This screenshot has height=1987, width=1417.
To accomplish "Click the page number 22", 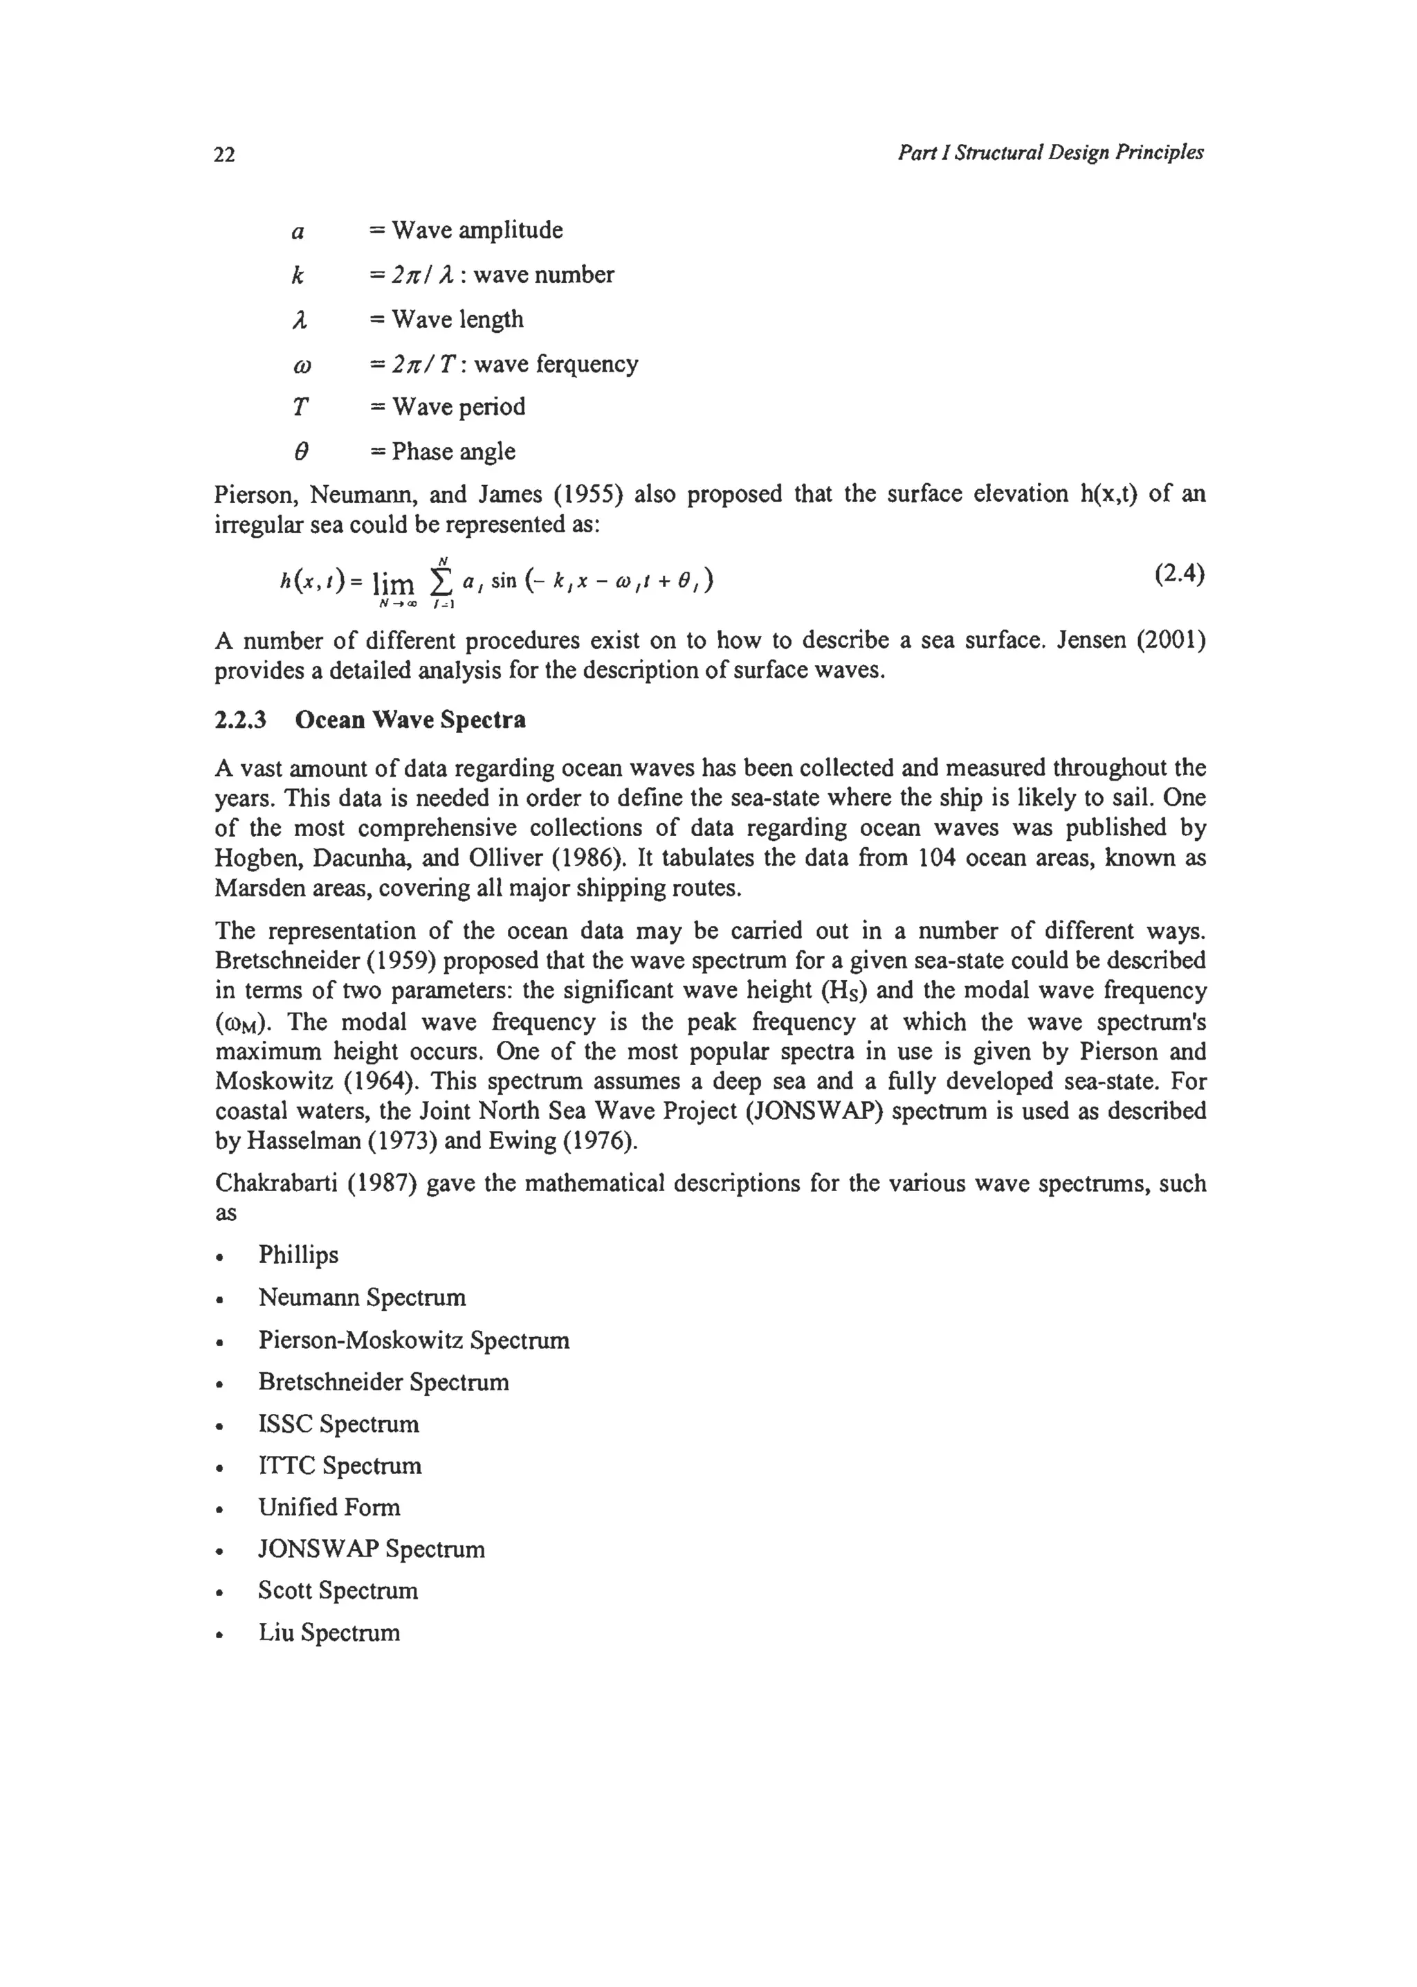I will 224,155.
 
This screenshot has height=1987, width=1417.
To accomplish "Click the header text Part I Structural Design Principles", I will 1050,153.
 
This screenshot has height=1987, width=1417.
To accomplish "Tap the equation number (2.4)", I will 1180,575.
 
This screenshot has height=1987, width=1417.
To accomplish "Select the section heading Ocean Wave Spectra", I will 410,720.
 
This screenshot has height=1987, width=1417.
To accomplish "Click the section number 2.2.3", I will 240,720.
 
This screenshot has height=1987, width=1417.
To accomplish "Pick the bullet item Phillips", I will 298,1255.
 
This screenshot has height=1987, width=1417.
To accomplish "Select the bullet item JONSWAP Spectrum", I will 371,1550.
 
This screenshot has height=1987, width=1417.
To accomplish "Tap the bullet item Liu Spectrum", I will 329,1633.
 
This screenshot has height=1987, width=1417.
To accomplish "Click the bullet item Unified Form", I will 329,1508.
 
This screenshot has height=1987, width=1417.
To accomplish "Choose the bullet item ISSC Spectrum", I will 338,1424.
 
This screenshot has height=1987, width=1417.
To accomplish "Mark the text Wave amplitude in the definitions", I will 477,230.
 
